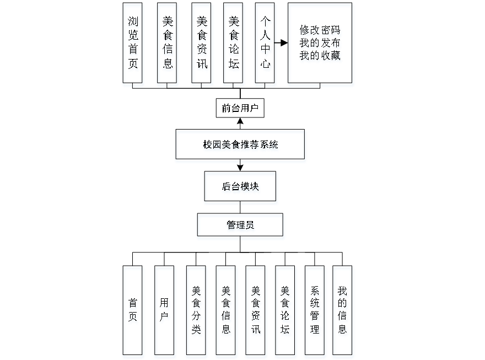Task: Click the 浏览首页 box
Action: [x=133, y=45]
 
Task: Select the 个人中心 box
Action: [x=266, y=45]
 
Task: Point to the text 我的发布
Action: [x=320, y=44]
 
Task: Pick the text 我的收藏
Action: [x=320, y=56]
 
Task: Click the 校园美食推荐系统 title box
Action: [x=240, y=146]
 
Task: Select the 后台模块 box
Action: [x=241, y=188]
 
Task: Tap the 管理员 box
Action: [x=241, y=227]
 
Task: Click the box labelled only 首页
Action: [x=133, y=311]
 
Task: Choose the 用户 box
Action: [x=165, y=311]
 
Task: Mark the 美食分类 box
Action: [x=197, y=311]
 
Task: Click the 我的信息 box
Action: [x=343, y=311]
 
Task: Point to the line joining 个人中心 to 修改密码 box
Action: [x=282, y=42]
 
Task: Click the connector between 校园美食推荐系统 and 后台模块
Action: [x=241, y=168]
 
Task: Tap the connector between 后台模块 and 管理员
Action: [x=241, y=209]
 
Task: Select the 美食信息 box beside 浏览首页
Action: [x=168, y=45]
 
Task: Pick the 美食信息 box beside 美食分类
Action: [x=227, y=311]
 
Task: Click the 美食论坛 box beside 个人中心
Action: [x=234, y=45]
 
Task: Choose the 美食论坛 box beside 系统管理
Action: [x=285, y=311]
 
